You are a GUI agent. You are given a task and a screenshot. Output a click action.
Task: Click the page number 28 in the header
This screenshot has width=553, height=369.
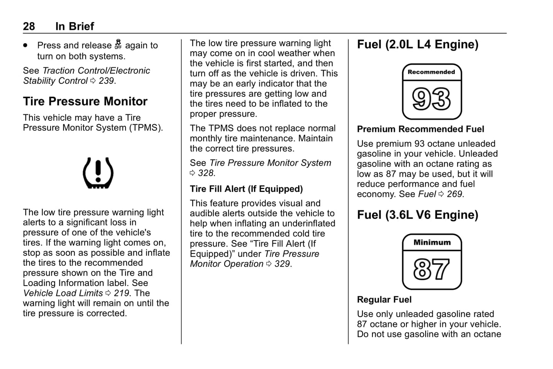pos(29,26)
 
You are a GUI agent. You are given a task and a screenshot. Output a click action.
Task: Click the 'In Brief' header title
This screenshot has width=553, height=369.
pos(75,26)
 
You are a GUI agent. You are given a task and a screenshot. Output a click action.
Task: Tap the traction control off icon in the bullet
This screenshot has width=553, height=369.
pos(118,45)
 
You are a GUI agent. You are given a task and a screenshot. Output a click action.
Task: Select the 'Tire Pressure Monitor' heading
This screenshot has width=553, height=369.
pos(85,101)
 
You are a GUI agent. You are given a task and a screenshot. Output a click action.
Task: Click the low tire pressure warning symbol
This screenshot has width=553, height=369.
pos(98,173)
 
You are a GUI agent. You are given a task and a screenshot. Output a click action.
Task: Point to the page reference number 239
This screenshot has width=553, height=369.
pos(106,81)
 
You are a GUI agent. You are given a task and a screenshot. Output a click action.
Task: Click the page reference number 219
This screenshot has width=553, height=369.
pos(121,293)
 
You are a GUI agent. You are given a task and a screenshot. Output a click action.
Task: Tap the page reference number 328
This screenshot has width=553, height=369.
pos(206,173)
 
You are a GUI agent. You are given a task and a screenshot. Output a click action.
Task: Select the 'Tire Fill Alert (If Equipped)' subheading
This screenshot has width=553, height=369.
pos(246,189)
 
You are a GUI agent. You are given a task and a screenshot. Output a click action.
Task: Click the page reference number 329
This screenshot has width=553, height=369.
pos(282,264)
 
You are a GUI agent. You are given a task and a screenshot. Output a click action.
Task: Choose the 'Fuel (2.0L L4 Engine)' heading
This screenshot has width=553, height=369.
pos(418,45)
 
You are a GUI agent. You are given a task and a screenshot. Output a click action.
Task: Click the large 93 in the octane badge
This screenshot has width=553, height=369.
pos(432,99)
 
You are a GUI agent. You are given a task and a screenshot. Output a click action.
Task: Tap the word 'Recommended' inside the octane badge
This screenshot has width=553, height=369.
pos(431,72)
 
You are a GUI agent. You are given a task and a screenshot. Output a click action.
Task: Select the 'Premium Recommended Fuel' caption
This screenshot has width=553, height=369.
pos(421,129)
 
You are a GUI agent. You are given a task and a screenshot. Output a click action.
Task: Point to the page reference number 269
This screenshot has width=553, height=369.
pos(454,194)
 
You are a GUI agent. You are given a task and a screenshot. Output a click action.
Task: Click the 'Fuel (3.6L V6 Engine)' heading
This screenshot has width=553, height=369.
pos(418,215)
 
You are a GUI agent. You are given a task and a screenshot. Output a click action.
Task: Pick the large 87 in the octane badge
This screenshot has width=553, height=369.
pos(432,269)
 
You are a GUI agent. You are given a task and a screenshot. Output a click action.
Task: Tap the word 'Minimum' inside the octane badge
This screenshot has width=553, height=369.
pos(432,242)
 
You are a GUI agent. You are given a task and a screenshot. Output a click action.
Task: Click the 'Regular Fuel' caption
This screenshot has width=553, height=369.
pos(384,300)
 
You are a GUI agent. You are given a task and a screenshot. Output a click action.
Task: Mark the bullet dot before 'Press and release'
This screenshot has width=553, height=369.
pos(26,45)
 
